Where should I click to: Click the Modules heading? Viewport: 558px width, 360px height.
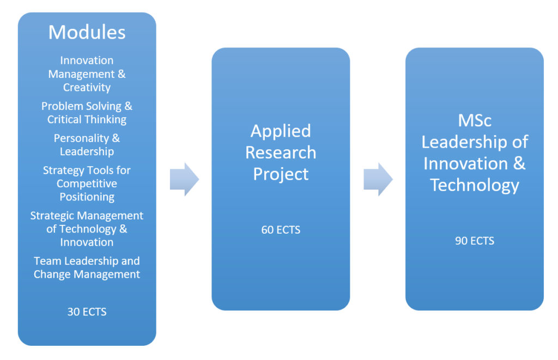point(87,32)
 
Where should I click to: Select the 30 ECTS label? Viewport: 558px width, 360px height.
point(87,312)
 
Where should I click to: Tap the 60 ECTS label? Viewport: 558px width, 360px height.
point(281,230)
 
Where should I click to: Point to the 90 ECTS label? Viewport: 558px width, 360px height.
point(475,241)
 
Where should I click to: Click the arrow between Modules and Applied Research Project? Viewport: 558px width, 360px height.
point(184,179)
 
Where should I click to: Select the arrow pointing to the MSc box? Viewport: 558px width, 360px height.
point(378,179)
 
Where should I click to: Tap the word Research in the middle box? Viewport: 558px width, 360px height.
point(281,152)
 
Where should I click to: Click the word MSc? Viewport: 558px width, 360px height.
point(475,120)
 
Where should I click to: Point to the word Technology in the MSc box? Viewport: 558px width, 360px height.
point(475,186)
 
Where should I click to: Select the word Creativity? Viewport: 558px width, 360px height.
point(87,88)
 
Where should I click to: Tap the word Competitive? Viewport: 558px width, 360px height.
point(87,184)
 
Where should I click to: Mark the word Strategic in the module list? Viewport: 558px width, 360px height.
point(52,216)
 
